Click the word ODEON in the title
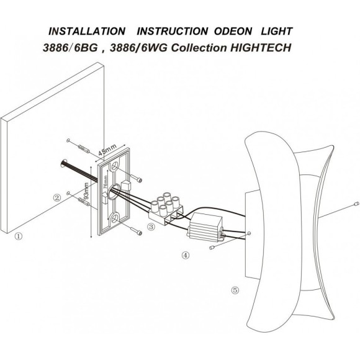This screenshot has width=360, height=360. [x=233, y=31]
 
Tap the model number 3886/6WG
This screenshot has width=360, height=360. [x=138, y=48]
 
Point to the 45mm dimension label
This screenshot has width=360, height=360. [x=107, y=150]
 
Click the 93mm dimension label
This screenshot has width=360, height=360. [x=86, y=191]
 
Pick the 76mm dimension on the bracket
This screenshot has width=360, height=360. [x=106, y=182]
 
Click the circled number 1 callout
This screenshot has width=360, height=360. [x=19, y=236]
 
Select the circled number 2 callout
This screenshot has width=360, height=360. [x=57, y=197]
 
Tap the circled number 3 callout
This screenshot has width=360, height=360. [x=151, y=227]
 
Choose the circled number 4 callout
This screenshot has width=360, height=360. [x=186, y=255]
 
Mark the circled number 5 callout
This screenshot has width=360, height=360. [x=235, y=290]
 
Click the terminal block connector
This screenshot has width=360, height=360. [x=166, y=207]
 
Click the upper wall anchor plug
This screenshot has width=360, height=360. [x=84, y=149]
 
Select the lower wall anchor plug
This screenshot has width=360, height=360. [x=84, y=202]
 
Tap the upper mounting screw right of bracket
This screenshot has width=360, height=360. [x=137, y=178]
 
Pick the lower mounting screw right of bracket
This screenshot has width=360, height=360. [x=137, y=232]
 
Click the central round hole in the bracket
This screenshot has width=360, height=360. [x=114, y=191]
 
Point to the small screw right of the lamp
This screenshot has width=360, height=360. [x=356, y=204]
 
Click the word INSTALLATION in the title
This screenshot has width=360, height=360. [x=87, y=31]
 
